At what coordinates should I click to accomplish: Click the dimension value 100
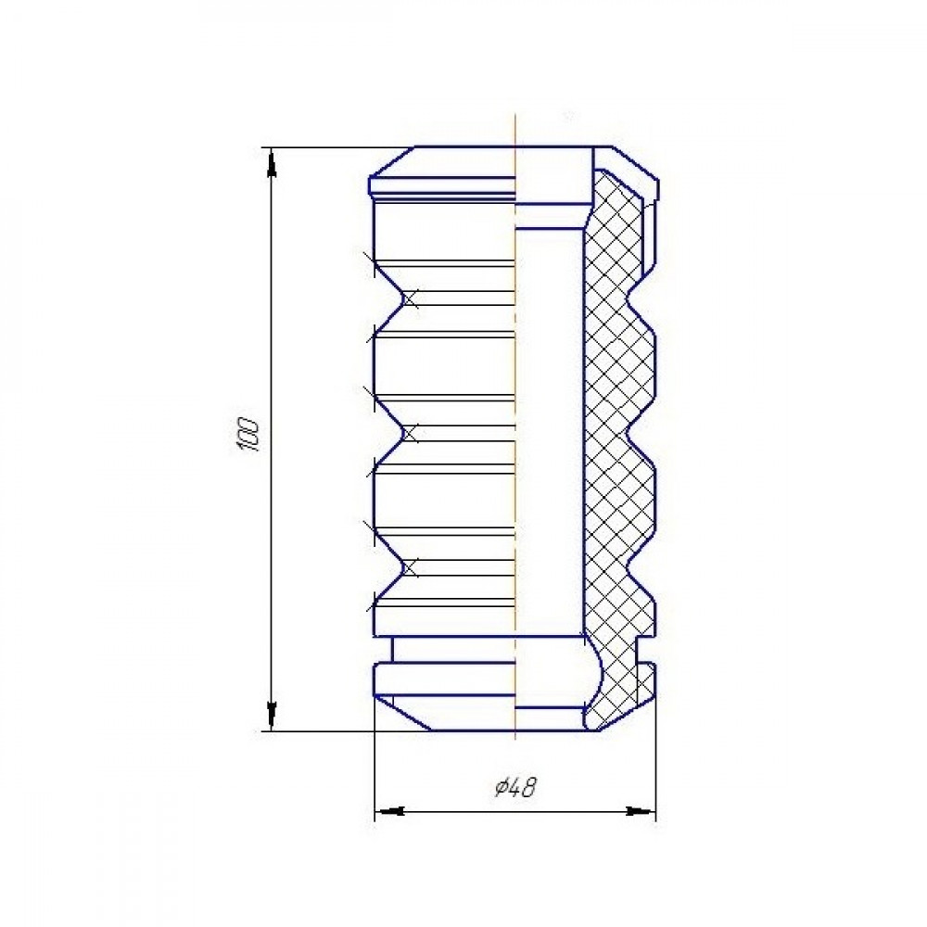(248, 435)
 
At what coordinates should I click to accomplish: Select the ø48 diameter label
(515, 787)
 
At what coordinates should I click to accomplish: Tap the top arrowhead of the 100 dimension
(271, 162)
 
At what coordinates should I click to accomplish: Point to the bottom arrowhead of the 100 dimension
(271, 716)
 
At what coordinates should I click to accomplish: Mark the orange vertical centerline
(515, 425)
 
